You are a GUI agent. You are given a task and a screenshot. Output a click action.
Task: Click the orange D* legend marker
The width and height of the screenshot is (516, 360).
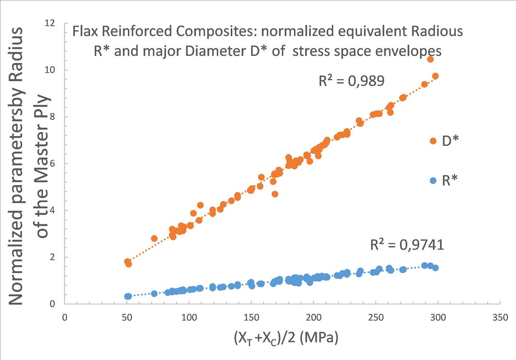pyautogui.click(x=433, y=141)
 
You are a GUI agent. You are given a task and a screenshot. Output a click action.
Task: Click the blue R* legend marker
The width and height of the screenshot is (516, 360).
pyautogui.click(x=433, y=180)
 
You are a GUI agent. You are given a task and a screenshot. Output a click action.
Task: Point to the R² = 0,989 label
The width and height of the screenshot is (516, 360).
pyautogui.click(x=351, y=81)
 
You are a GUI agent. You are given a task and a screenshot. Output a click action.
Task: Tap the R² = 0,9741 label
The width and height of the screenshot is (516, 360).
pyautogui.click(x=407, y=245)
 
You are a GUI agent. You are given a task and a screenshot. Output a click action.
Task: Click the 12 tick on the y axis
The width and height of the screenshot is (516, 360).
pyautogui.click(x=55, y=23)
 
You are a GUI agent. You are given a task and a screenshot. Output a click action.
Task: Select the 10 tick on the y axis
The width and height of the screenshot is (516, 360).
pyautogui.click(x=55, y=70)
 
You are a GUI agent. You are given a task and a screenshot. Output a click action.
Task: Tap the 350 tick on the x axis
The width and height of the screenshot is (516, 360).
pyautogui.click(x=500, y=317)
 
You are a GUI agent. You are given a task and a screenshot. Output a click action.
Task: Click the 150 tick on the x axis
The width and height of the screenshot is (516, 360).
pyautogui.click(x=251, y=317)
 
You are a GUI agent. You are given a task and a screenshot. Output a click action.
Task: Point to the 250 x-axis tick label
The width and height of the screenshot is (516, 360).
pyautogui.click(x=376, y=317)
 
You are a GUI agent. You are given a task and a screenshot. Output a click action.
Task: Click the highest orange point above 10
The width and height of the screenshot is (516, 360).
pyautogui.click(x=430, y=59)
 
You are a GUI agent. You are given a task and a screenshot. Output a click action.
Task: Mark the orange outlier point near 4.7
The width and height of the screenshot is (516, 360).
pyautogui.click(x=275, y=194)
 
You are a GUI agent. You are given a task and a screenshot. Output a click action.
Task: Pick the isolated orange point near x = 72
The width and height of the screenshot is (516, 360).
pyautogui.click(x=154, y=239)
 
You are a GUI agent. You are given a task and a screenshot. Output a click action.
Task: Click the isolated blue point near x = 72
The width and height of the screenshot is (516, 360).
pyautogui.click(x=154, y=293)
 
